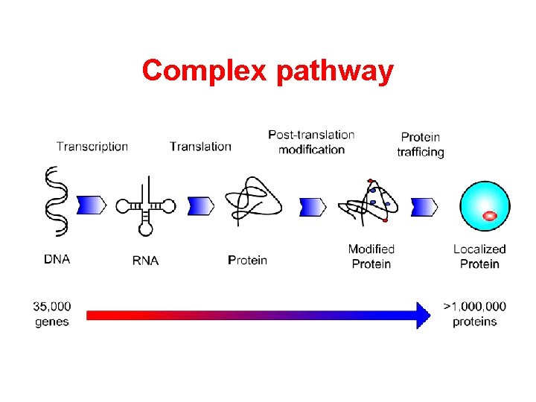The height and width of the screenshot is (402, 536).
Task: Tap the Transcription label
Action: [x=92, y=146]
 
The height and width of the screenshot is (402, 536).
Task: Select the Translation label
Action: [x=200, y=146]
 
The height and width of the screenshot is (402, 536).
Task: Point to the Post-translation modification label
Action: [x=311, y=141]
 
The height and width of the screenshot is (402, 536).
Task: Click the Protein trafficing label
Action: [x=421, y=144]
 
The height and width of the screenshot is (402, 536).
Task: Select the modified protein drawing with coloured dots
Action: [x=368, y=202]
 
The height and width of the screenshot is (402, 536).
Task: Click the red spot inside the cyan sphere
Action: [x=489, y=216]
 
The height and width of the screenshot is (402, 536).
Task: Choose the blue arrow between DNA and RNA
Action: [x=92, y=205]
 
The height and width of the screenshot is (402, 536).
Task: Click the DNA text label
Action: [x=58, y=260]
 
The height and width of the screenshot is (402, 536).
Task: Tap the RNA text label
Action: [x=145, y=261]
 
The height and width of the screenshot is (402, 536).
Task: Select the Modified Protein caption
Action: [x=371, y=256]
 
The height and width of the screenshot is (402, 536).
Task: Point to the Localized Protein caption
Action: [x=479, y=256]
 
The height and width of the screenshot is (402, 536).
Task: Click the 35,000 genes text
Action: [x=52, y=314]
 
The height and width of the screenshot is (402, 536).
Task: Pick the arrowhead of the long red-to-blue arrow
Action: [x=422, y=315]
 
